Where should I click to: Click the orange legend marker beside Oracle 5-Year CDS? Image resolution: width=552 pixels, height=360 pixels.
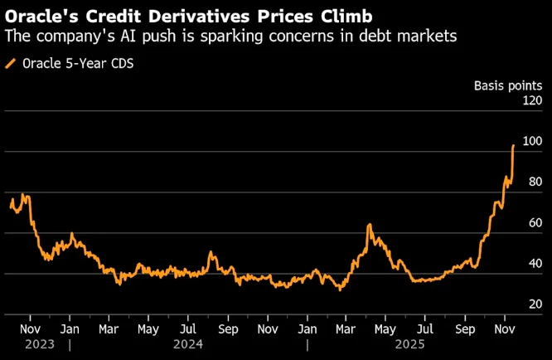pyautogui.click(x=10, y=63)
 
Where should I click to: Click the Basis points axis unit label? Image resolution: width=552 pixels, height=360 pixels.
pyautogui.click(x=508, y=85)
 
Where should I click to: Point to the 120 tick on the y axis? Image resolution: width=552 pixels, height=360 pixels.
pyautogui.click(x=531, y=100)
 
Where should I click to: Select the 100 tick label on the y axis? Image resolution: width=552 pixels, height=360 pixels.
pyautogui.click(x=531, y=141)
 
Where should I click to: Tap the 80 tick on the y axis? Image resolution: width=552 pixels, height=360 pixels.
pyautogui.click(x=535, y=182)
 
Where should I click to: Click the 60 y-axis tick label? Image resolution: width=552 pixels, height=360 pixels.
pyautogui.click(x=535, y=222)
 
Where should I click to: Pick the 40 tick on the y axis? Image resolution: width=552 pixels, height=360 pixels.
pyautogui.click(x=535, y=264)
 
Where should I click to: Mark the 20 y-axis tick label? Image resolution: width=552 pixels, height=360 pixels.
pyautogui.click(x=535, y=304)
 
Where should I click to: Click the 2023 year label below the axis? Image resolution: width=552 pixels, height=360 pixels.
pyautogui.click(x=39, y=343)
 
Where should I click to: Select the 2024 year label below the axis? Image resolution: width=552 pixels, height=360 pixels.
pyautogui.click(x=187, y=343)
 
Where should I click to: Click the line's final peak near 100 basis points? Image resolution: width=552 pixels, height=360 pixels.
pyautogui.click(x=514, y=145)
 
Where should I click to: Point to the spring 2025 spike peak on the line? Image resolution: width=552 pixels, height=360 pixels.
pyautogui.click(x=368, y=225)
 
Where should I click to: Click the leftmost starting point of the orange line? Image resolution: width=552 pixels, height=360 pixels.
pyautogui.click(x=10, y=206)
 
